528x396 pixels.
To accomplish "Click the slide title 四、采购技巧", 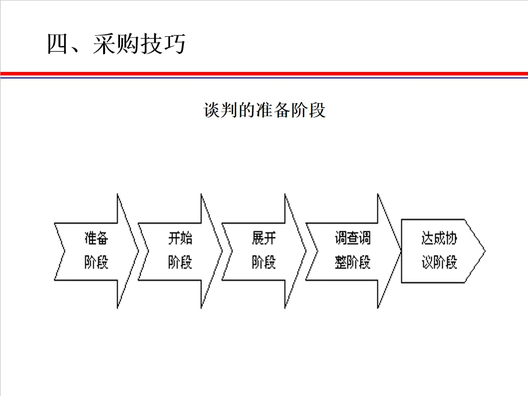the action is [x=116, y=44].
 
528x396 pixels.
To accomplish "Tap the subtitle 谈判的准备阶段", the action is [x=264, y=110].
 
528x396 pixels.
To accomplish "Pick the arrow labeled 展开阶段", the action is [x=263, y=251].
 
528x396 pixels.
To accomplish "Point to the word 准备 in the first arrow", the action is [x=96, y=239].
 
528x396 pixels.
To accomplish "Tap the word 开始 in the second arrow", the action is [x=179, y=239].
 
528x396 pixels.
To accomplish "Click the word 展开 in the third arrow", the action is [x=263, y=239].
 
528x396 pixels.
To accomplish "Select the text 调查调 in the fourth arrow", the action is [x=352, y=239].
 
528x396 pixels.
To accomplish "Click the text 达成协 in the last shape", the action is [x=439, y=239].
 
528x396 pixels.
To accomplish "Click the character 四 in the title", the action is [x=58, y=44].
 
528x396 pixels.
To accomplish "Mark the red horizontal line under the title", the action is [x=264, y=73].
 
